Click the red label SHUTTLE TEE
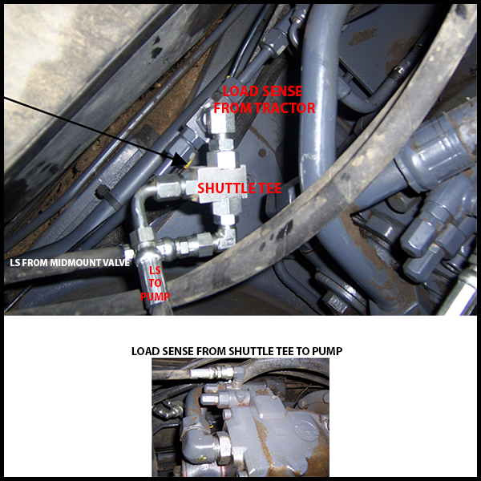[x=239, y=188]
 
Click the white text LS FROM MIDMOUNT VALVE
[x=70, y=263]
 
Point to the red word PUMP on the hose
[x=155, y=297]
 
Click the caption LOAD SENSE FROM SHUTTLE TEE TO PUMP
[x=236, y=351]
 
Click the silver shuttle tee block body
[x=222, y=184]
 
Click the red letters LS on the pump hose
[x=155, y=270]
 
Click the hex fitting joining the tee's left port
[x=168, y=187]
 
